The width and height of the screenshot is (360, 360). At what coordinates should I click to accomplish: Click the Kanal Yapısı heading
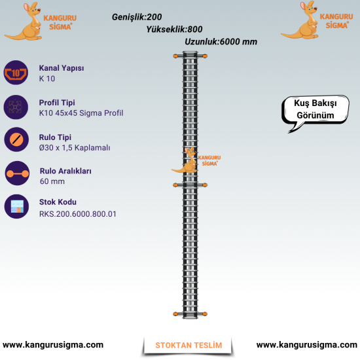(62, 68)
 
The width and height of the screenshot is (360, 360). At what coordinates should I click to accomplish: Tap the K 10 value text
(47, 79)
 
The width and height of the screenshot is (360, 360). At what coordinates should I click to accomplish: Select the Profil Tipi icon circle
(16, 107)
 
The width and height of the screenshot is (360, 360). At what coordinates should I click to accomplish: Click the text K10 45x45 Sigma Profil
(81, 113)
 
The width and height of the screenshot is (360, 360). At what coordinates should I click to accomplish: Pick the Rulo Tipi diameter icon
(16, 139)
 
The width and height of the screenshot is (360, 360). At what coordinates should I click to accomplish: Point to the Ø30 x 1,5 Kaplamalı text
(75, 148)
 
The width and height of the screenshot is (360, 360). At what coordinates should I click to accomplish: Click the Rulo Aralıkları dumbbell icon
(17, 173)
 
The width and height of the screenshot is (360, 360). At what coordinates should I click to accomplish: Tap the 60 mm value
(52, 181)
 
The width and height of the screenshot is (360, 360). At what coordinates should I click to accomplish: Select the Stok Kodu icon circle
(16, 206)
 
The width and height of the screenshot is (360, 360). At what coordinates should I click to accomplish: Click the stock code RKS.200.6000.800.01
(78, 214)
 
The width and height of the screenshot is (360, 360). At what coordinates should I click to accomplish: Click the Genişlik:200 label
(137, 17)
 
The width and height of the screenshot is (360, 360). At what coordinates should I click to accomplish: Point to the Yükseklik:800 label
(174, 29)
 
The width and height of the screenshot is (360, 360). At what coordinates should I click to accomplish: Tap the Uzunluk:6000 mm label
(221, 42)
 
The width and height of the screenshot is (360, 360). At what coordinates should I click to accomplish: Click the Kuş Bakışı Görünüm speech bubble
(315, 109)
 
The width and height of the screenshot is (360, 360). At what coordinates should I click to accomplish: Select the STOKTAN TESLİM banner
(189, 346)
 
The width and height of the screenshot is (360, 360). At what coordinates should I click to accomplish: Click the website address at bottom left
(53, 345)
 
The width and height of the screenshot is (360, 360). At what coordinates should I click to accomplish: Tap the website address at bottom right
(307, 345)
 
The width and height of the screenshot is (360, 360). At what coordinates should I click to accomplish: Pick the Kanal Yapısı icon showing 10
(16, 73)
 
